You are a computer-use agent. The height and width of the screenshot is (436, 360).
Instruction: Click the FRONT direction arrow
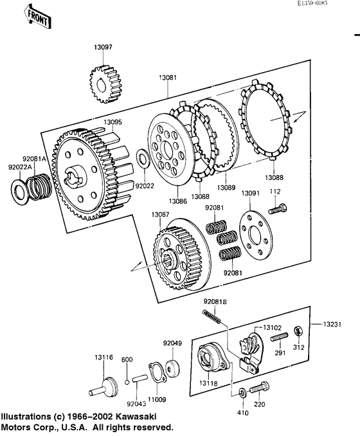click(x=37, y=17)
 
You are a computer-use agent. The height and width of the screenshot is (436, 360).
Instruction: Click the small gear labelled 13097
click(x=105, y=84)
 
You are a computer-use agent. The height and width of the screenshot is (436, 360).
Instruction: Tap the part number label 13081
click(x=168, y=77)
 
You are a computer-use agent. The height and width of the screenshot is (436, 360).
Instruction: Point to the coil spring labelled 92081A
click(x=39, y=186)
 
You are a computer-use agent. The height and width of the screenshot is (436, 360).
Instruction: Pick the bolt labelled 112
click(x=278, y=208)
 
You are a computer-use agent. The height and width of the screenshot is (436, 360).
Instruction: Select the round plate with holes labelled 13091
click(x=255, y=235)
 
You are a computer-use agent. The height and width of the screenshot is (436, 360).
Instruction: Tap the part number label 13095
click(x=113, y=122)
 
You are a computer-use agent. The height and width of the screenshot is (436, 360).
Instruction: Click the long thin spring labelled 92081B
click(x=212, y=316)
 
